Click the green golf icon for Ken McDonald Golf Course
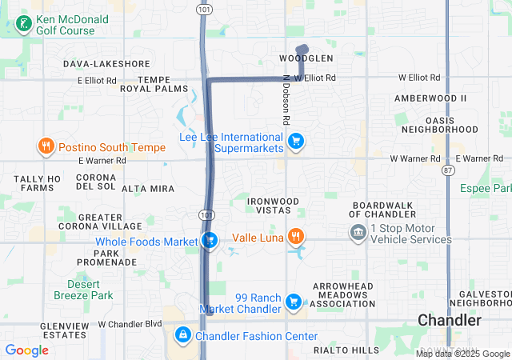pos(24,24)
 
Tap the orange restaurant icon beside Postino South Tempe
pos(46,146)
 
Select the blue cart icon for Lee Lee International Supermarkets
pos(296,142)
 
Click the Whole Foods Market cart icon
pos(210,240)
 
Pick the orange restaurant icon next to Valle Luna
pos(296,236)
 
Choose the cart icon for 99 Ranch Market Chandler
pos(294,302)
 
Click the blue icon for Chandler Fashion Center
pos(183,334)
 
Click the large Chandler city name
pos(450,320)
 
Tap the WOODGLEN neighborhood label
pos(306,58)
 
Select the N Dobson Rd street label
pos(286,100)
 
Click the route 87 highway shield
pos(448,171)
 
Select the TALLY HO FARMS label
pos(38,183)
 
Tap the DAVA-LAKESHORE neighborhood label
pos(106,63)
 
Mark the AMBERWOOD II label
pos(430,98)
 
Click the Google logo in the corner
pos(26,350)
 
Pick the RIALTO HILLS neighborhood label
pos(346,350)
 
